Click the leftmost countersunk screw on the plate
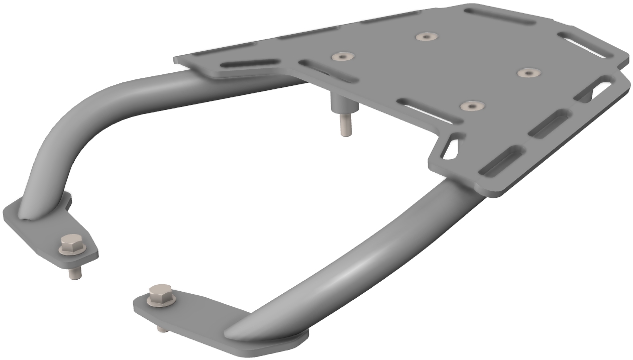(343, 57)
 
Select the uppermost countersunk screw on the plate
(426, 37)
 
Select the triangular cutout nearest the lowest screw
(452, 147)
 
